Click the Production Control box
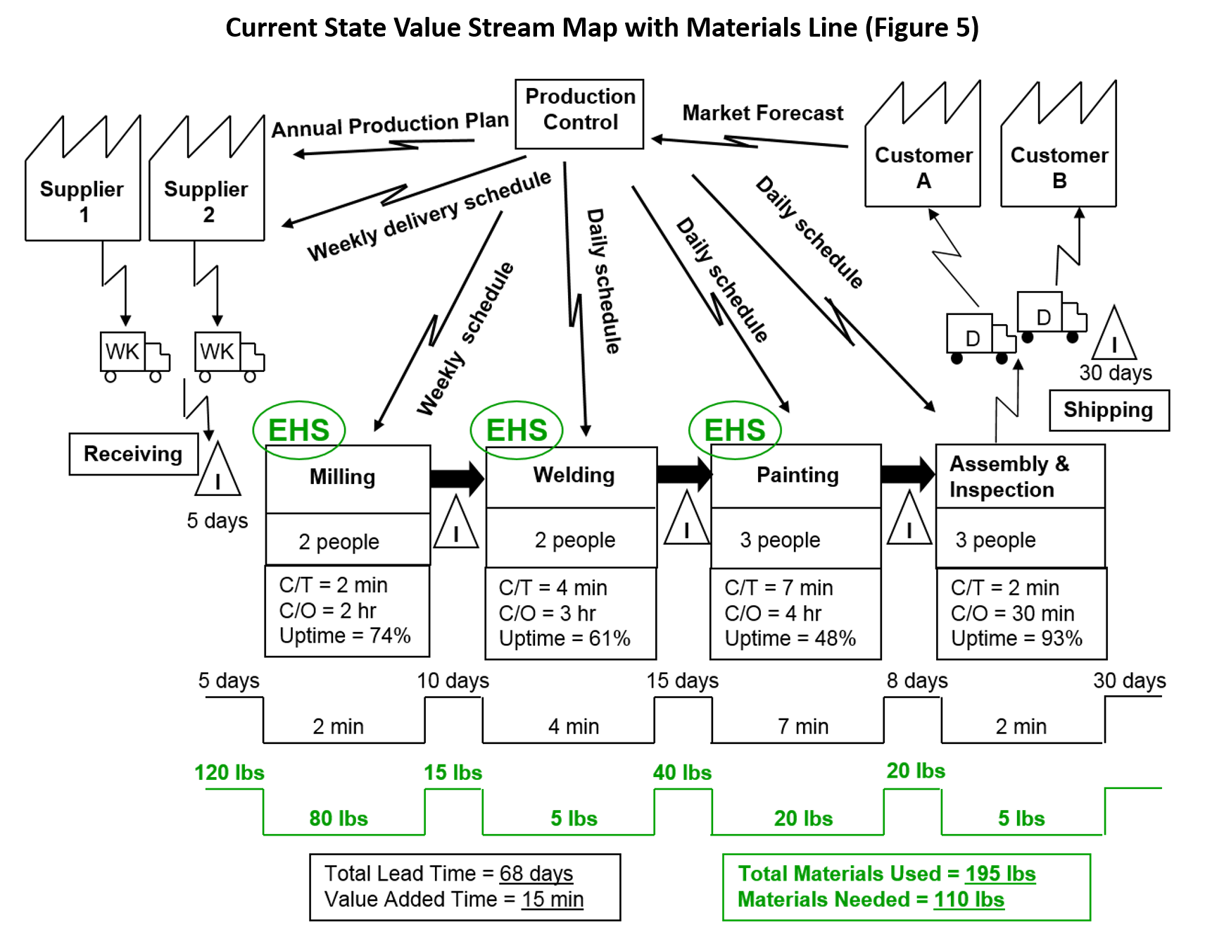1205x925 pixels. click(579, 113)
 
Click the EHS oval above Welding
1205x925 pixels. click(517, 430)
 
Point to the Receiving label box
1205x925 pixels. click(133, 454)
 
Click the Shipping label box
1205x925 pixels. click(1108, 410)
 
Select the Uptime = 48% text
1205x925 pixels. click(790, 638)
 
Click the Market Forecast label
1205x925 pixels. click(762, 113)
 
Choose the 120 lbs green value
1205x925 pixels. click(229, 772)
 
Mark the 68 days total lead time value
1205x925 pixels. click(536, 874)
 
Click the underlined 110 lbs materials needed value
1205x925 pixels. click(969, 900)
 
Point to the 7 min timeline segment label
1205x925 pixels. click(802, 726)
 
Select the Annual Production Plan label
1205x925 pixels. click(390, 125)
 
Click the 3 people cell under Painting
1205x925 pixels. click(780, 540)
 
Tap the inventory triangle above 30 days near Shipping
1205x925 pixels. click(1113, 336)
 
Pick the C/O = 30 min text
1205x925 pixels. click(1012, 613)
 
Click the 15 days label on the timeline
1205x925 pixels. click(682, 681)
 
